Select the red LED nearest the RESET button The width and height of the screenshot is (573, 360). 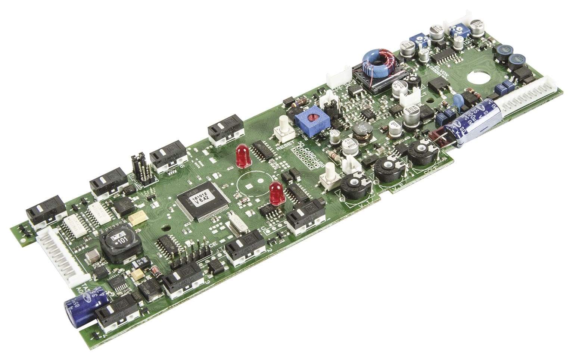(243, 156)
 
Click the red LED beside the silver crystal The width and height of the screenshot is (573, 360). (275, 193)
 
